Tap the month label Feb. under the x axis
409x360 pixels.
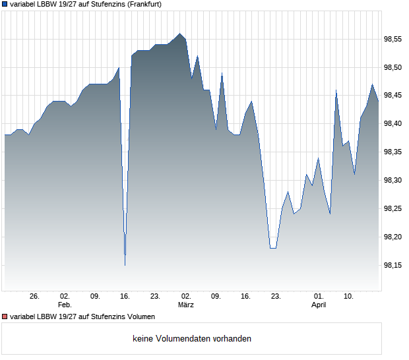65,305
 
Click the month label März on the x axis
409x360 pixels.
186,305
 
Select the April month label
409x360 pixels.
319,305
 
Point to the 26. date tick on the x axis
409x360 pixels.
35,296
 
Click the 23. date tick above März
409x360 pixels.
156,296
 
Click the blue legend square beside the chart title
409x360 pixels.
5,4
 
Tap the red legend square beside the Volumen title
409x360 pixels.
5,317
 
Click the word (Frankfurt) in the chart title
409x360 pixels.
144,4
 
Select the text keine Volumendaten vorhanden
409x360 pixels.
192,339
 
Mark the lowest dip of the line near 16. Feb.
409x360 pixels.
125,265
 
